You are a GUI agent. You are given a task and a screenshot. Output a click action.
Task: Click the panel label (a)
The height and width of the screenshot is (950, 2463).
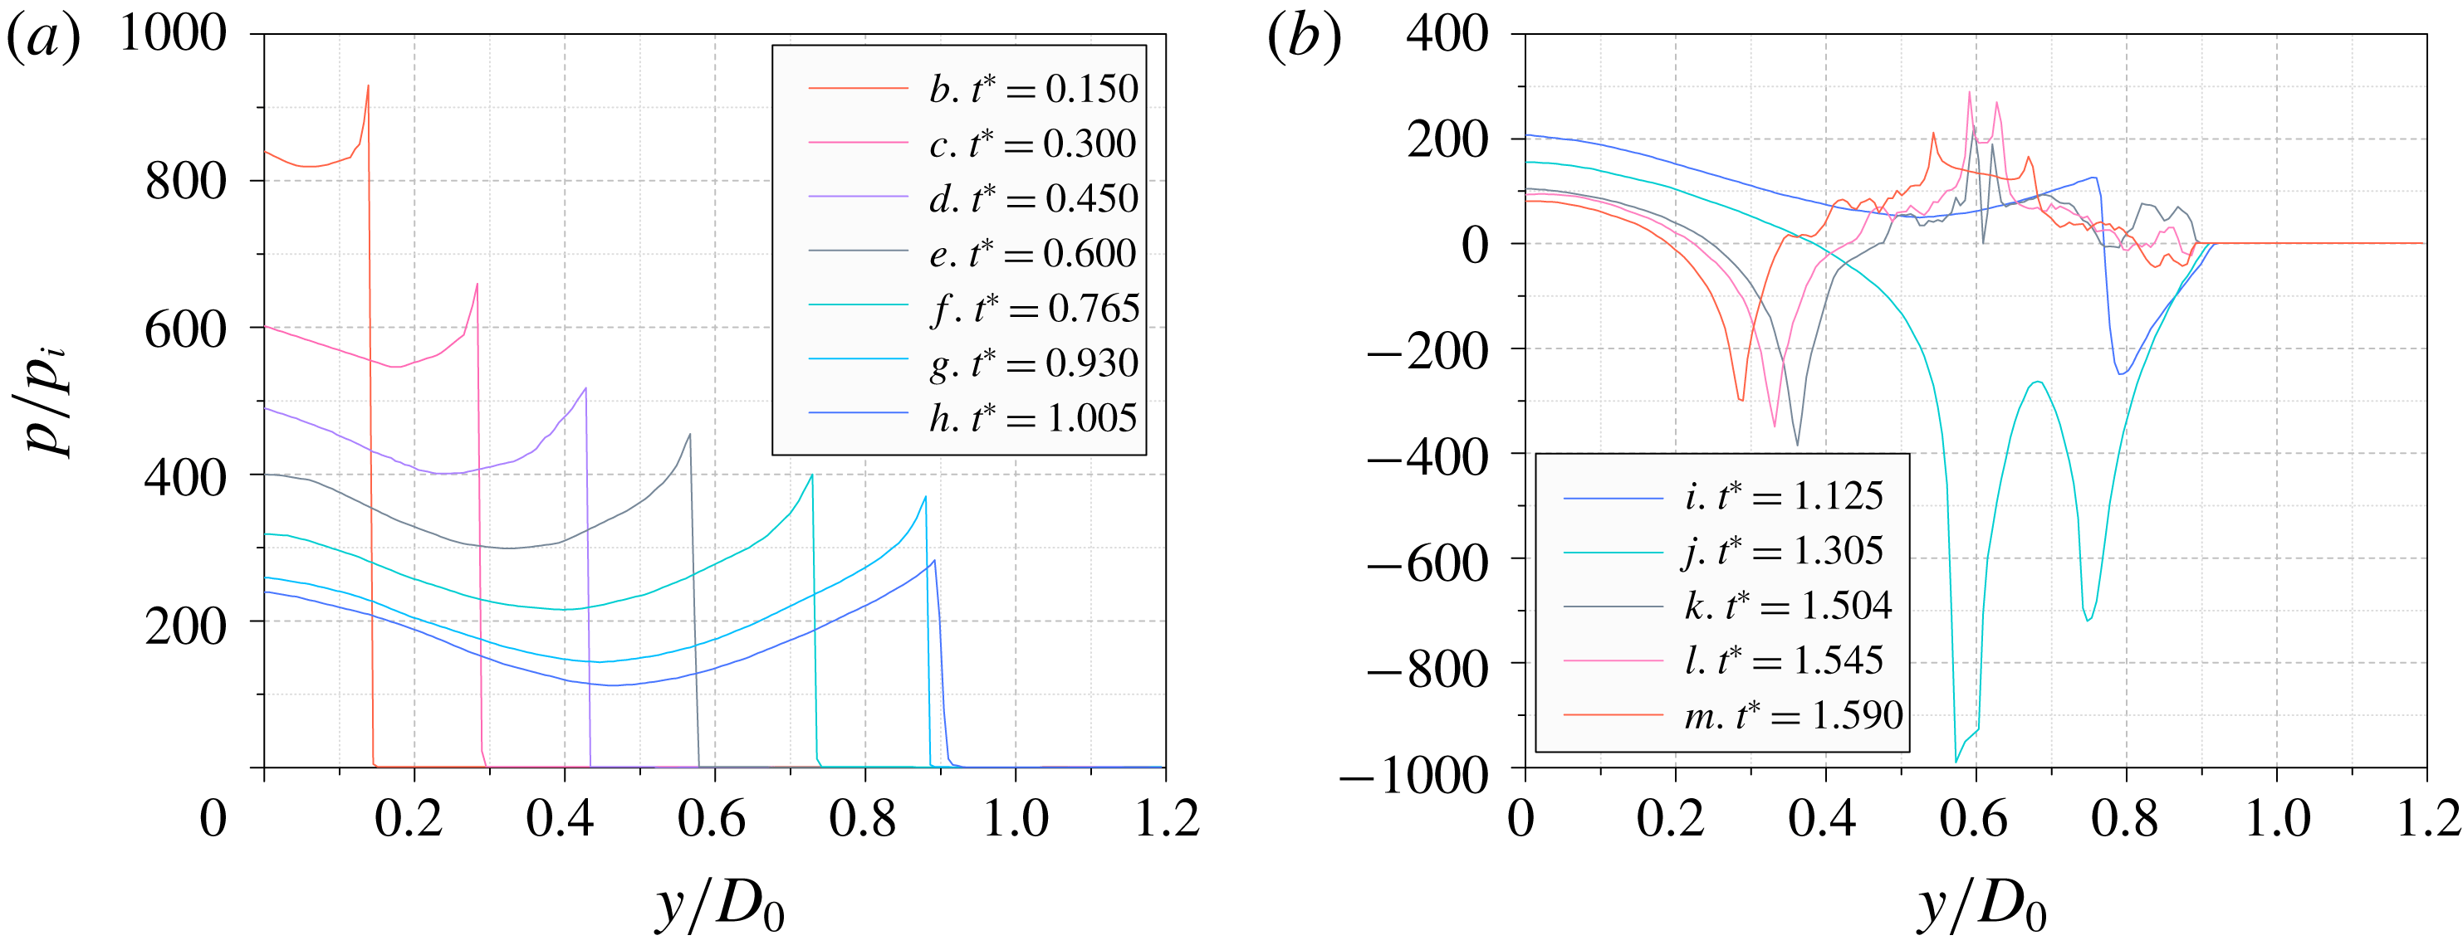pyautogui.click(x=43, y=38)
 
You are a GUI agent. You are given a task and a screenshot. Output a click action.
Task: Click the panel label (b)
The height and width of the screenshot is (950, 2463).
pyautogui.click(x=1305, y=38)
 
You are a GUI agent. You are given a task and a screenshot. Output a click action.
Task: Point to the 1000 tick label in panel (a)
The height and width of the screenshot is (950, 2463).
pyautogui.click(x=173, y=33)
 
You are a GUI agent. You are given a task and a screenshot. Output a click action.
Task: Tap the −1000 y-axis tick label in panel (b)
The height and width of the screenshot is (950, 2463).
pyautogui.click(x=1414, y=774)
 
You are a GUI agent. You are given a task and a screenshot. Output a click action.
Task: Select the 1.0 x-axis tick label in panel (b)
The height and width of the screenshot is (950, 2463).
pyautogui.click(x=2275, y=820)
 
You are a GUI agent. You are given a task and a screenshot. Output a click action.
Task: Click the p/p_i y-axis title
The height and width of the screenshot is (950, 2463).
pyautogui.click(x=48, y=402)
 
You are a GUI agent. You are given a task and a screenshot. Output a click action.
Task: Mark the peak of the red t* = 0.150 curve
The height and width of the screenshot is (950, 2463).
pyautogui.click(x=368, y=86)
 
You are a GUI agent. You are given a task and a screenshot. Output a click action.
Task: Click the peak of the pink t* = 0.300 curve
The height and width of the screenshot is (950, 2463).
pyautogui.click(x=477, y=284)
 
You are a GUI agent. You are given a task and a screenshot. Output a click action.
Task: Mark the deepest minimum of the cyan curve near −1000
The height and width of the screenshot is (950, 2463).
pyautogui.click(x=1956, y=762)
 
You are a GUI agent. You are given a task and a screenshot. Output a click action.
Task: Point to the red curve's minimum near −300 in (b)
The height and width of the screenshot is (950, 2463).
pyautogui.click(x=1741, y=399)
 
